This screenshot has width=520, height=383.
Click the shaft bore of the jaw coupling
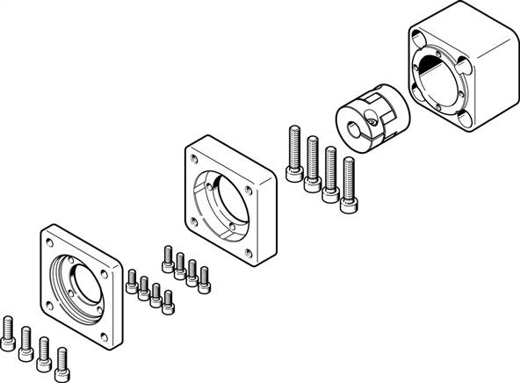point(357,131)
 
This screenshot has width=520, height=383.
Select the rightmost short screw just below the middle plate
point(205,278)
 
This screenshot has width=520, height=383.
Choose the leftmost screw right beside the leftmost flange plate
point(132,280)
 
